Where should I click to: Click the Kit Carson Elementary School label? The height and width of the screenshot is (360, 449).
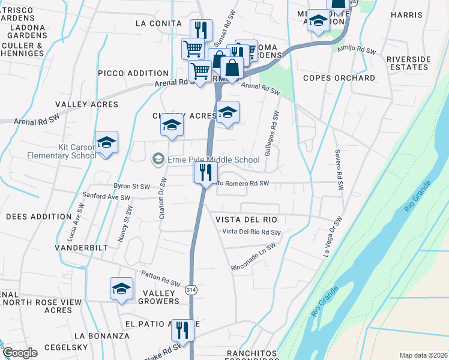tap(61, 151)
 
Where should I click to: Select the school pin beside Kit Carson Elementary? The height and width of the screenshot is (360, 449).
tap(106, 143)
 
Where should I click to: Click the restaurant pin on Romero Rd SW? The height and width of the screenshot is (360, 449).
tap(205, 173)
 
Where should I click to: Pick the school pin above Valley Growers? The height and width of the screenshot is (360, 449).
tap(121, 289)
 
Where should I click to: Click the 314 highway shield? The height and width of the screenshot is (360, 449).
tap(191, 289)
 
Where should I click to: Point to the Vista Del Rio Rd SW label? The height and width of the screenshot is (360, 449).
tap(251, 232)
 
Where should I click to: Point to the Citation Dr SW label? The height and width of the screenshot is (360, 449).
tap(162, 197)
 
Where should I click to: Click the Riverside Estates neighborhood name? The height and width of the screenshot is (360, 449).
tap(409, 64)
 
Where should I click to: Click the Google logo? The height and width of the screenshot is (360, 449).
tap(19, 353)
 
